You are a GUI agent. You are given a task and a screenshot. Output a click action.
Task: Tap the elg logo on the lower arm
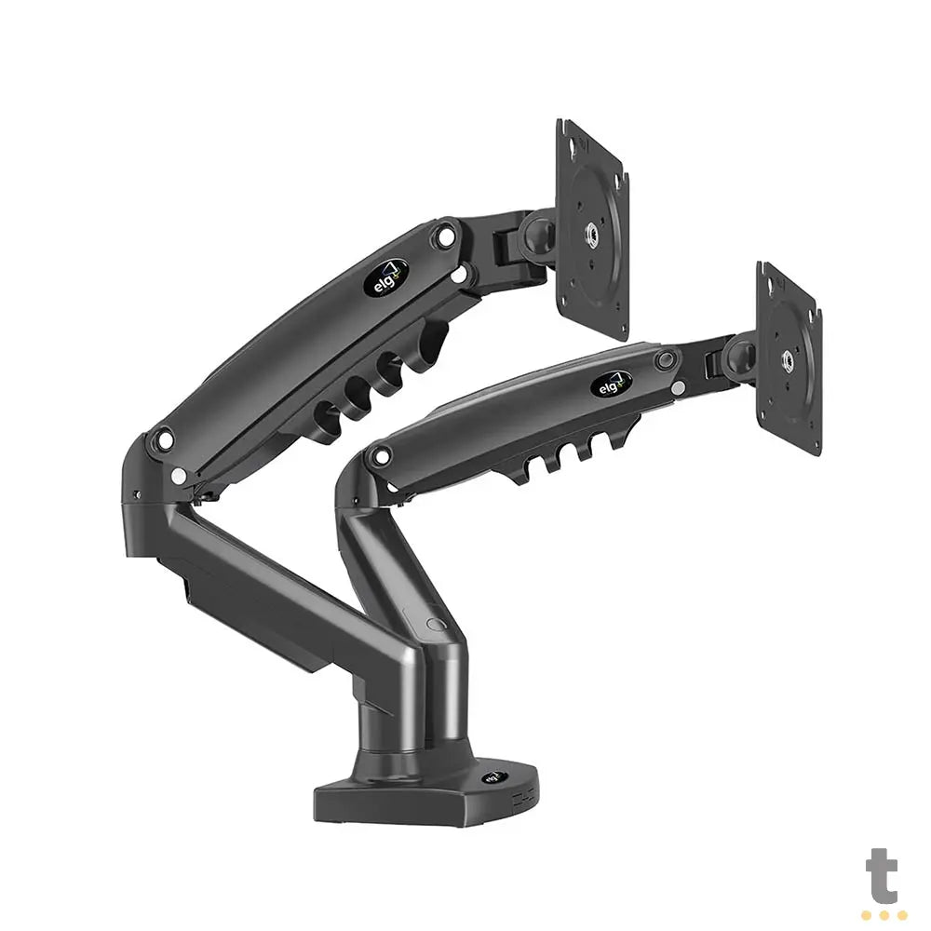coord(611,384)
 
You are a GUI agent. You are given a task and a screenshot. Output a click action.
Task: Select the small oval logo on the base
coord(489,778)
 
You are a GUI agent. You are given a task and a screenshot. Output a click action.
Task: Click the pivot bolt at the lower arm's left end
coord(378,456)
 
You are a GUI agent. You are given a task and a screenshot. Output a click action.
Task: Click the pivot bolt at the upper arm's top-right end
coord(446,236)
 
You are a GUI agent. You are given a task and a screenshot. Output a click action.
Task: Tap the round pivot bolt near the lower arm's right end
coord(664,359)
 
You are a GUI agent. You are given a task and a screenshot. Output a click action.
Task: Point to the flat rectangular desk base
coord(419,796)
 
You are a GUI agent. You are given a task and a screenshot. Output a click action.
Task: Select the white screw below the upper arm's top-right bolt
coord(458,274)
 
